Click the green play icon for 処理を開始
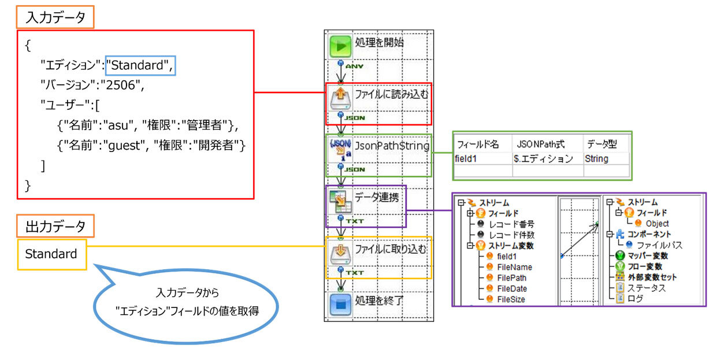coord(341,46)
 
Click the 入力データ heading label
coord(55,17)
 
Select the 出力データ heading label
coord(55,226)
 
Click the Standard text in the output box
coord(51,254)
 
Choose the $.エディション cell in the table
coord(543,158)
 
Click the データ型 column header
coord(601,144)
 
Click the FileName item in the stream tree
coord(514,267)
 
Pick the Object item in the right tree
coord(657,223)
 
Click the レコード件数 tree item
coord(511,235)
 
